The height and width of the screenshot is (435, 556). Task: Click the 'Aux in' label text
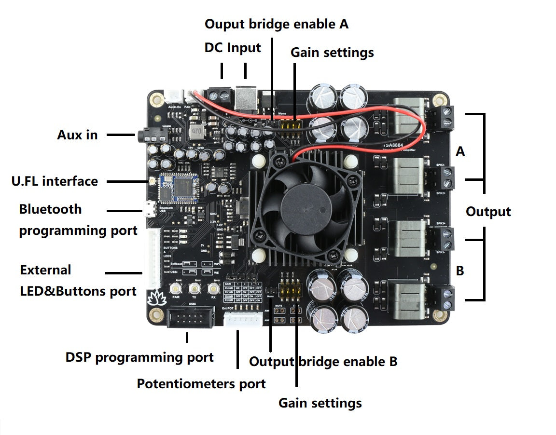tap(77, 135)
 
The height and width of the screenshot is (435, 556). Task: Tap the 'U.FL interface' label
tap(55, 181)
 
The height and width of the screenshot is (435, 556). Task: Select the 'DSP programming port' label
tap(139, 357)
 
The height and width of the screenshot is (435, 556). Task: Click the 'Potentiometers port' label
tap(201, 384)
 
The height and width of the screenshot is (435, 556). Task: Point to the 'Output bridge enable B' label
tap(323, 361)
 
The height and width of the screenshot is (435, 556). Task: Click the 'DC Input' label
tap(233, 48)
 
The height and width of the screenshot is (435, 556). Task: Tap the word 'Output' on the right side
tap(488, 212)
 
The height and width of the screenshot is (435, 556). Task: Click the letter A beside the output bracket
tap(460, 151)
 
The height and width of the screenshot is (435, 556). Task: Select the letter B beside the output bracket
tap(460, 271)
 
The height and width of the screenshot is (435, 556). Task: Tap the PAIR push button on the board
tap(176, 289)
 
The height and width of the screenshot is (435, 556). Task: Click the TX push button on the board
tap(195, 289)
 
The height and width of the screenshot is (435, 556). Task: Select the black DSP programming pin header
tap(190, 319)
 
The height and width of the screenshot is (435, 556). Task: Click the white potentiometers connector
tap(243, 319)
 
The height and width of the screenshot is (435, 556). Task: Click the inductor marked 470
tap(196, 131)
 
